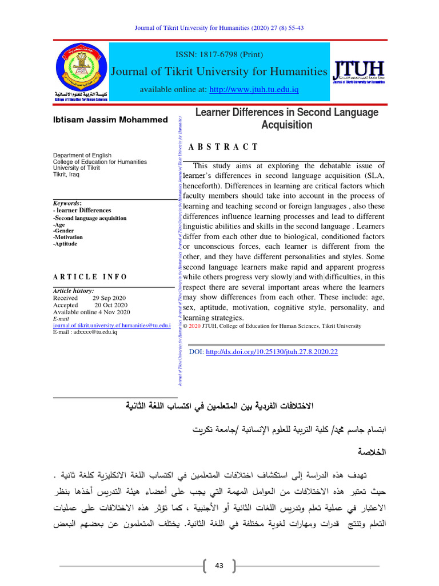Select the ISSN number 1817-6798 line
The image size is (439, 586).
[220, 54]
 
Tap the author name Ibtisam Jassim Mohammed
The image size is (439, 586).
[110, 120]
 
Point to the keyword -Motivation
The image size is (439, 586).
[68, 237]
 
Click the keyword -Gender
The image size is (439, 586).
[64, 231]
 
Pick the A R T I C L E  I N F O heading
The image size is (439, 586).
[90, 276]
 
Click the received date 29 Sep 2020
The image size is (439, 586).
[110, 298]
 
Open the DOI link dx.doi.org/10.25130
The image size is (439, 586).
[272, 351]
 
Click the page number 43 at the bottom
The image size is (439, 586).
[219, 565]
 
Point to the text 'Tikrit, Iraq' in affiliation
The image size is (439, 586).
[66, 175]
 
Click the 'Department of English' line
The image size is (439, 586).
[82, 155]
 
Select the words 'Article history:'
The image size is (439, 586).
[73, 291]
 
